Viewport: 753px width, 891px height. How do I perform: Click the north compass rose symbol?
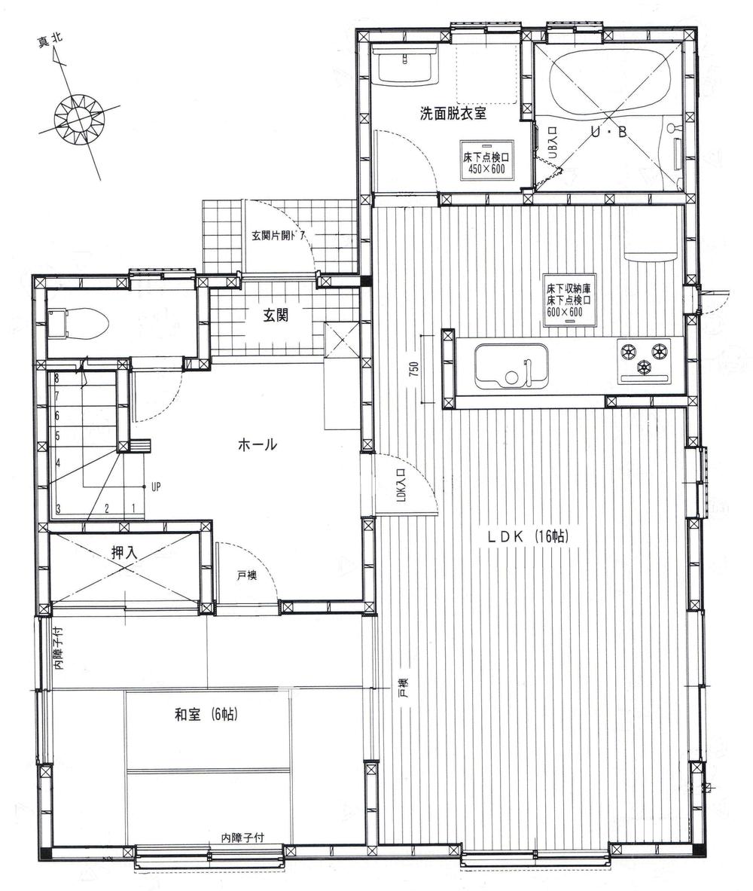[77, 117]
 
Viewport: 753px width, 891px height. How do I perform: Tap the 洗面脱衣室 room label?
[453, 114]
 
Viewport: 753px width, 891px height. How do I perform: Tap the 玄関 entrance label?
[275, 316]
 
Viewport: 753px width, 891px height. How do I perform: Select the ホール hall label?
[257, 445]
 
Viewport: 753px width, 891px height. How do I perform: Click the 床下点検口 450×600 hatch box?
[486, 160]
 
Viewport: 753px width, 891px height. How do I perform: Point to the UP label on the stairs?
[155, 487]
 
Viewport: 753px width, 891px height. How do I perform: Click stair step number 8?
[56, 379]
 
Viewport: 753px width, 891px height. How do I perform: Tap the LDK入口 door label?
[401, 486]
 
